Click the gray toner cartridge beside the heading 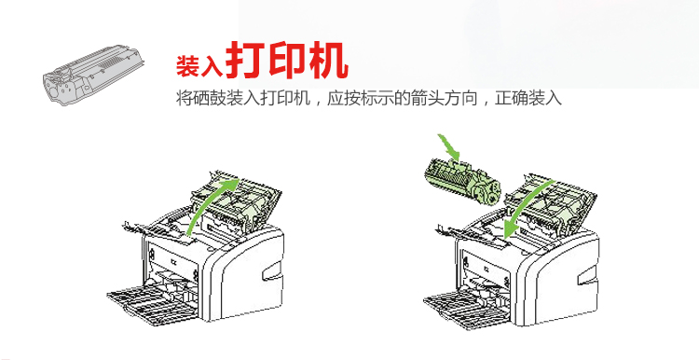[92, 75]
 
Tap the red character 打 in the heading [245, 61]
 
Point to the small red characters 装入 [199, 66]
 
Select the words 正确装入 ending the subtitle [528, 98]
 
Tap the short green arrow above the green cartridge [449, 146]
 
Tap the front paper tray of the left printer [152, 304]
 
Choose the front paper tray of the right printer [467, 307]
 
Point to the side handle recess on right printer [586, 276]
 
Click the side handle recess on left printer [272, 272]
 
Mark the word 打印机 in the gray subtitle [285, 98]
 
